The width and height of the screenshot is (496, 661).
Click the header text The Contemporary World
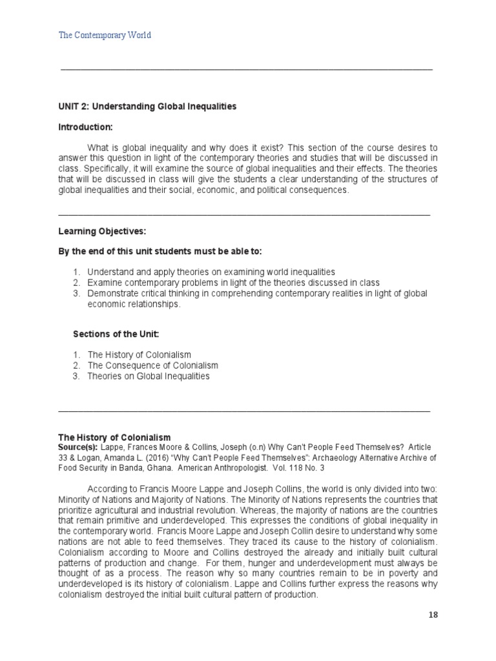[x=105, y=35]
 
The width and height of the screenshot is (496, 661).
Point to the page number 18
[x=432, y=615]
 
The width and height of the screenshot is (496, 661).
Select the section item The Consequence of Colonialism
[x=153, y=365]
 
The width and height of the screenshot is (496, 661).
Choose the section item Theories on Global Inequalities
[x=149, y=376]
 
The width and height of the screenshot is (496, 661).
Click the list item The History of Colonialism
[x=139, y=355]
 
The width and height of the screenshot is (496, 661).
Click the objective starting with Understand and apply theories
[x=211, y=272]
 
